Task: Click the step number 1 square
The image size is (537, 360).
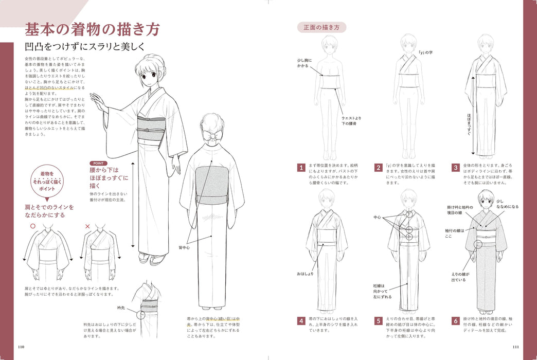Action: pos(301,167)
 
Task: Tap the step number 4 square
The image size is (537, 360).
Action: pos(301,321)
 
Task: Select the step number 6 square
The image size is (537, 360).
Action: pos(455,321)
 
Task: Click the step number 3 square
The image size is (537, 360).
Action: pos(455,167)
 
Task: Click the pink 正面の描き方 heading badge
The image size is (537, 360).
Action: pos(321,27)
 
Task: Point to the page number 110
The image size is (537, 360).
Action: pos(21,346)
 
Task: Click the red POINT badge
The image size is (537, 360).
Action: pos(98,163)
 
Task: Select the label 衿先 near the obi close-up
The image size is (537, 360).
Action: pos(121,309)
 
